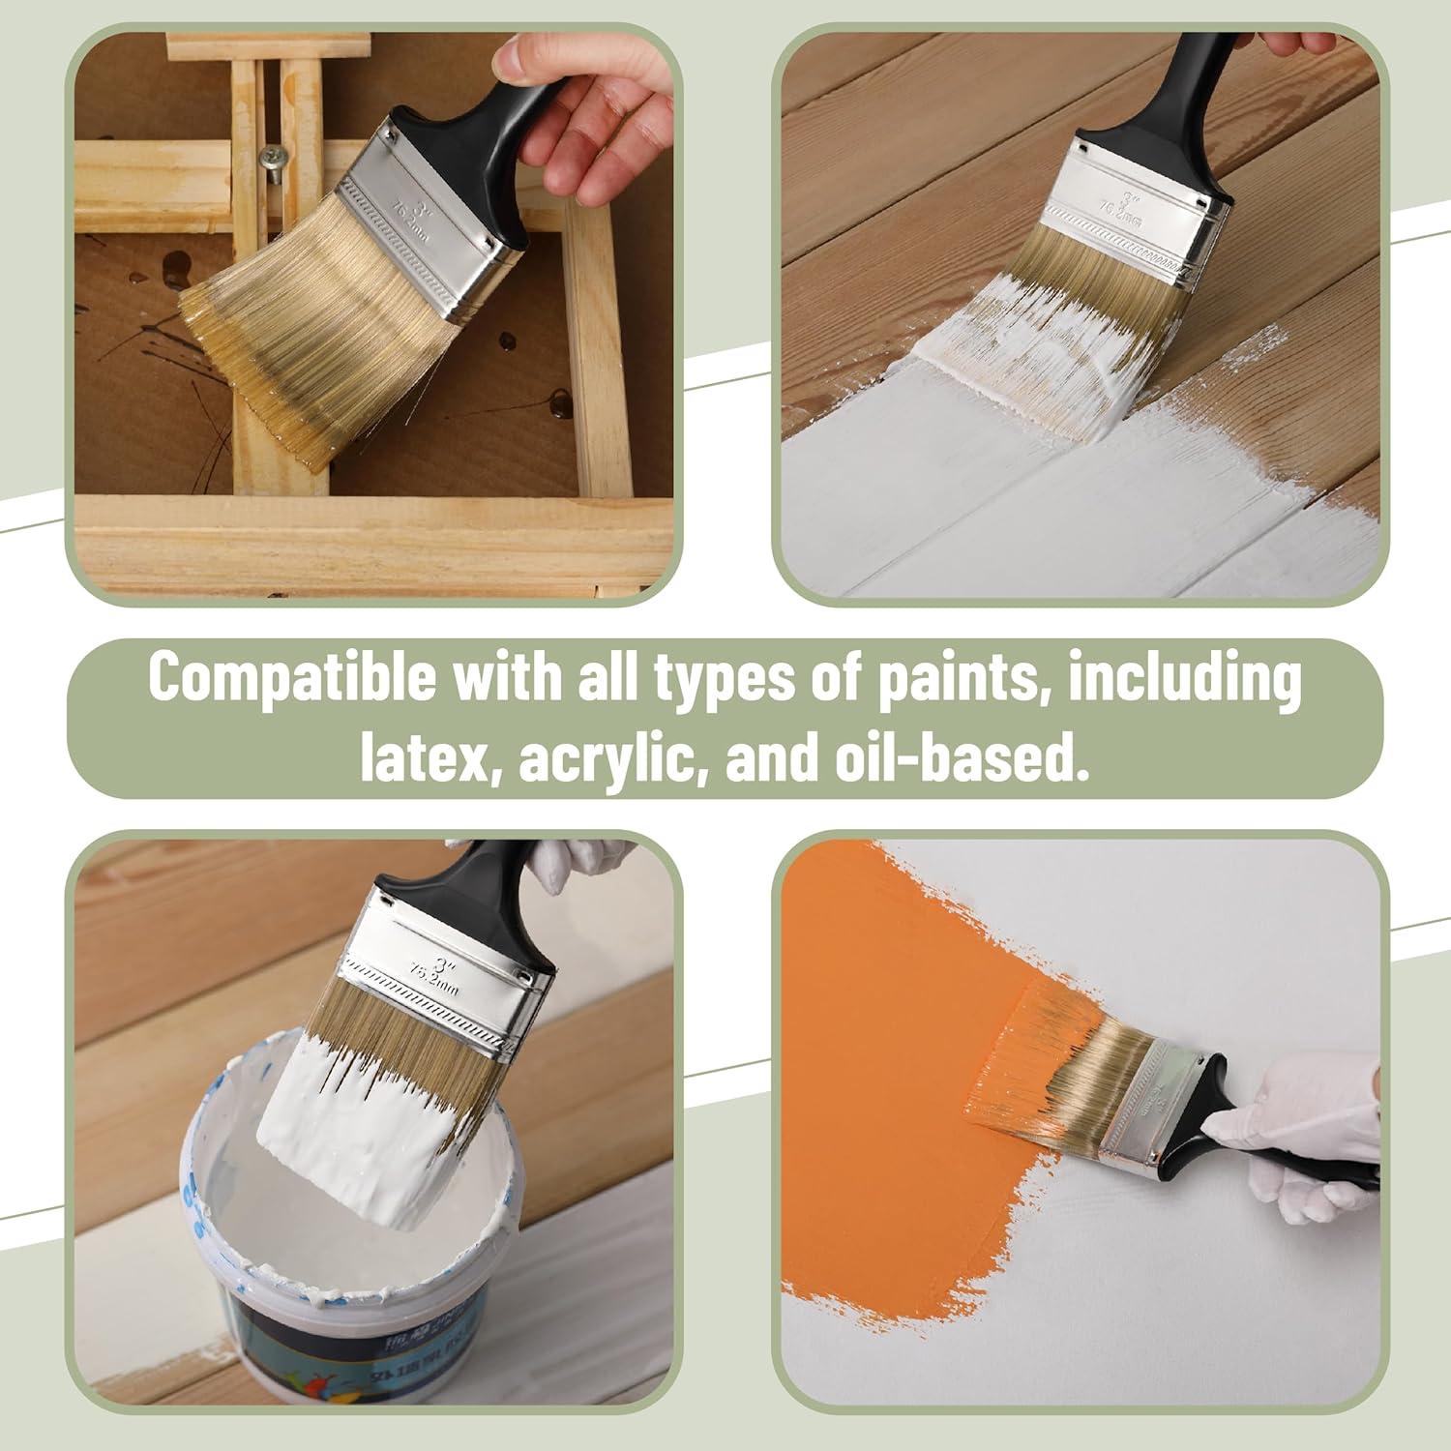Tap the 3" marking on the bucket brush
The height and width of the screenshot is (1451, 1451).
[x=444, y=963]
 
